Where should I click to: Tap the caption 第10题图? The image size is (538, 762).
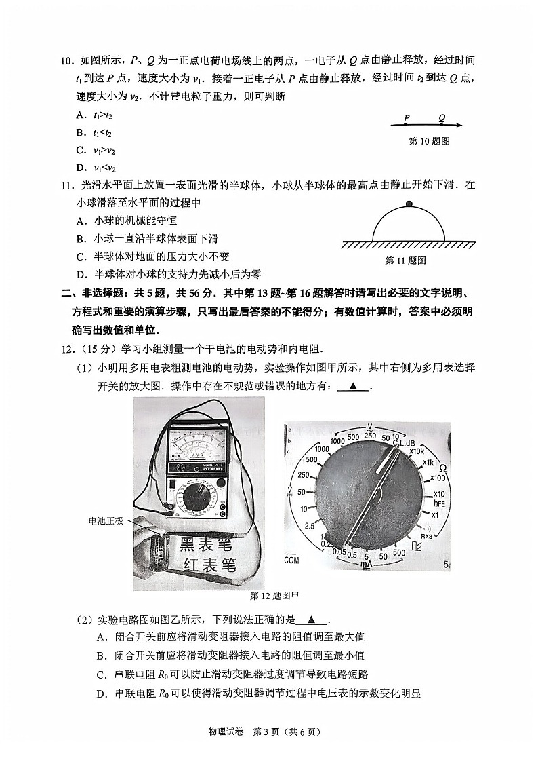pos(430,141)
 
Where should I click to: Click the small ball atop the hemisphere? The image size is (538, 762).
pos(409,204)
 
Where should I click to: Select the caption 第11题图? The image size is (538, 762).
pos(405,260)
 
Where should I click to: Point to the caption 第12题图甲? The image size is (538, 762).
pos(274,596)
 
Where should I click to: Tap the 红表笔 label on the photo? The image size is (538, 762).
pos(210,564)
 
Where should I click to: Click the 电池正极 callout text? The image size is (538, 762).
pos(106,520)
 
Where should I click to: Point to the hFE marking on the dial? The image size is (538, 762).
pos(439,503)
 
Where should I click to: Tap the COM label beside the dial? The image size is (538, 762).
pos(291,560)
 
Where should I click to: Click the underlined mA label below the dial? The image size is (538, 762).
pos(366,564)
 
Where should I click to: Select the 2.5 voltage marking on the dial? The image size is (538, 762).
pos(310,526)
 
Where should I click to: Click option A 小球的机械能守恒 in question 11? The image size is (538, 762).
pos(126,221)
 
